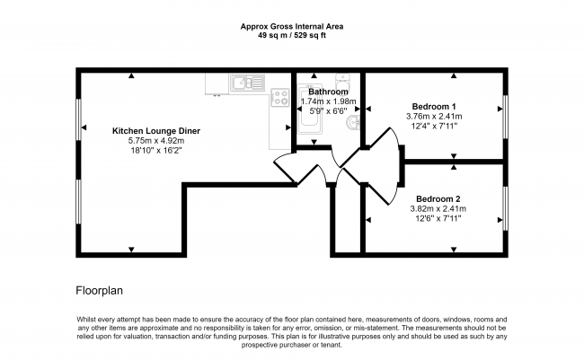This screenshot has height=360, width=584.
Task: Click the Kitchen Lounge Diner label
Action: (x=155, y=131)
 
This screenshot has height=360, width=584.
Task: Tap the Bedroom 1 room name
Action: (x=435, y=105)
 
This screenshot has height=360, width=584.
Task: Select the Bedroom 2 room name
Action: (x=438, y=198)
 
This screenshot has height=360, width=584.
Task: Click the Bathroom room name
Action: (x=328, y=92)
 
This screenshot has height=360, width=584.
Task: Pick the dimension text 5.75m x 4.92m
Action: (x=155, y=141)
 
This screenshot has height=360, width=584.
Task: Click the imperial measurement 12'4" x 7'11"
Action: (x=435, y=126)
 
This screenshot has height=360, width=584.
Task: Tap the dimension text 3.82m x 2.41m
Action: (x=438, y=208)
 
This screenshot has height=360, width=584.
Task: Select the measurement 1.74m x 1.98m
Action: (x=328, y=101)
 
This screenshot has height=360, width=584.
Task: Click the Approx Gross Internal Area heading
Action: (x=291, y=27)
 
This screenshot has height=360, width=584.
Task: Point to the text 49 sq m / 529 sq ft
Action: (x=291, y=36)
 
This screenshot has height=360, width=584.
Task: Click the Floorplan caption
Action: (x=99, y=291)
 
